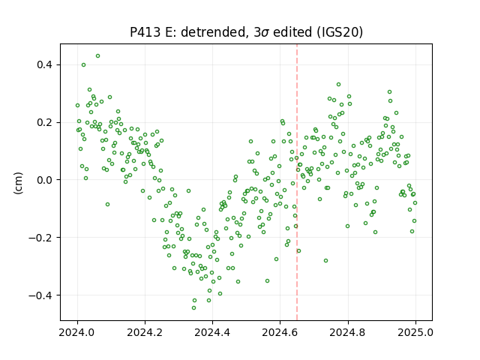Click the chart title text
click(x=247, y=32)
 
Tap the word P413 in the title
click(x=145, y=32)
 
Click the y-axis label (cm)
click(x=18, y=182)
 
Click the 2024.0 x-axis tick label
click(x=77, y=332)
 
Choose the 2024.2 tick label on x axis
click(x=145, y=332)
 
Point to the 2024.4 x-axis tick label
click(x=212, y=332)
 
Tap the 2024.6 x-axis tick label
click(x=280, y=332)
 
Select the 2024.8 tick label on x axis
click(x=348, y=332)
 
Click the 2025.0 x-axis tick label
click(x=415, y=332)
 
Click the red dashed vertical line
click(x=297, y=182)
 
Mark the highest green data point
click(x=97, y=56)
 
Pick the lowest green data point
click(x=193, y=308)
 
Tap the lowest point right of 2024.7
click(x=325, y=261)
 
